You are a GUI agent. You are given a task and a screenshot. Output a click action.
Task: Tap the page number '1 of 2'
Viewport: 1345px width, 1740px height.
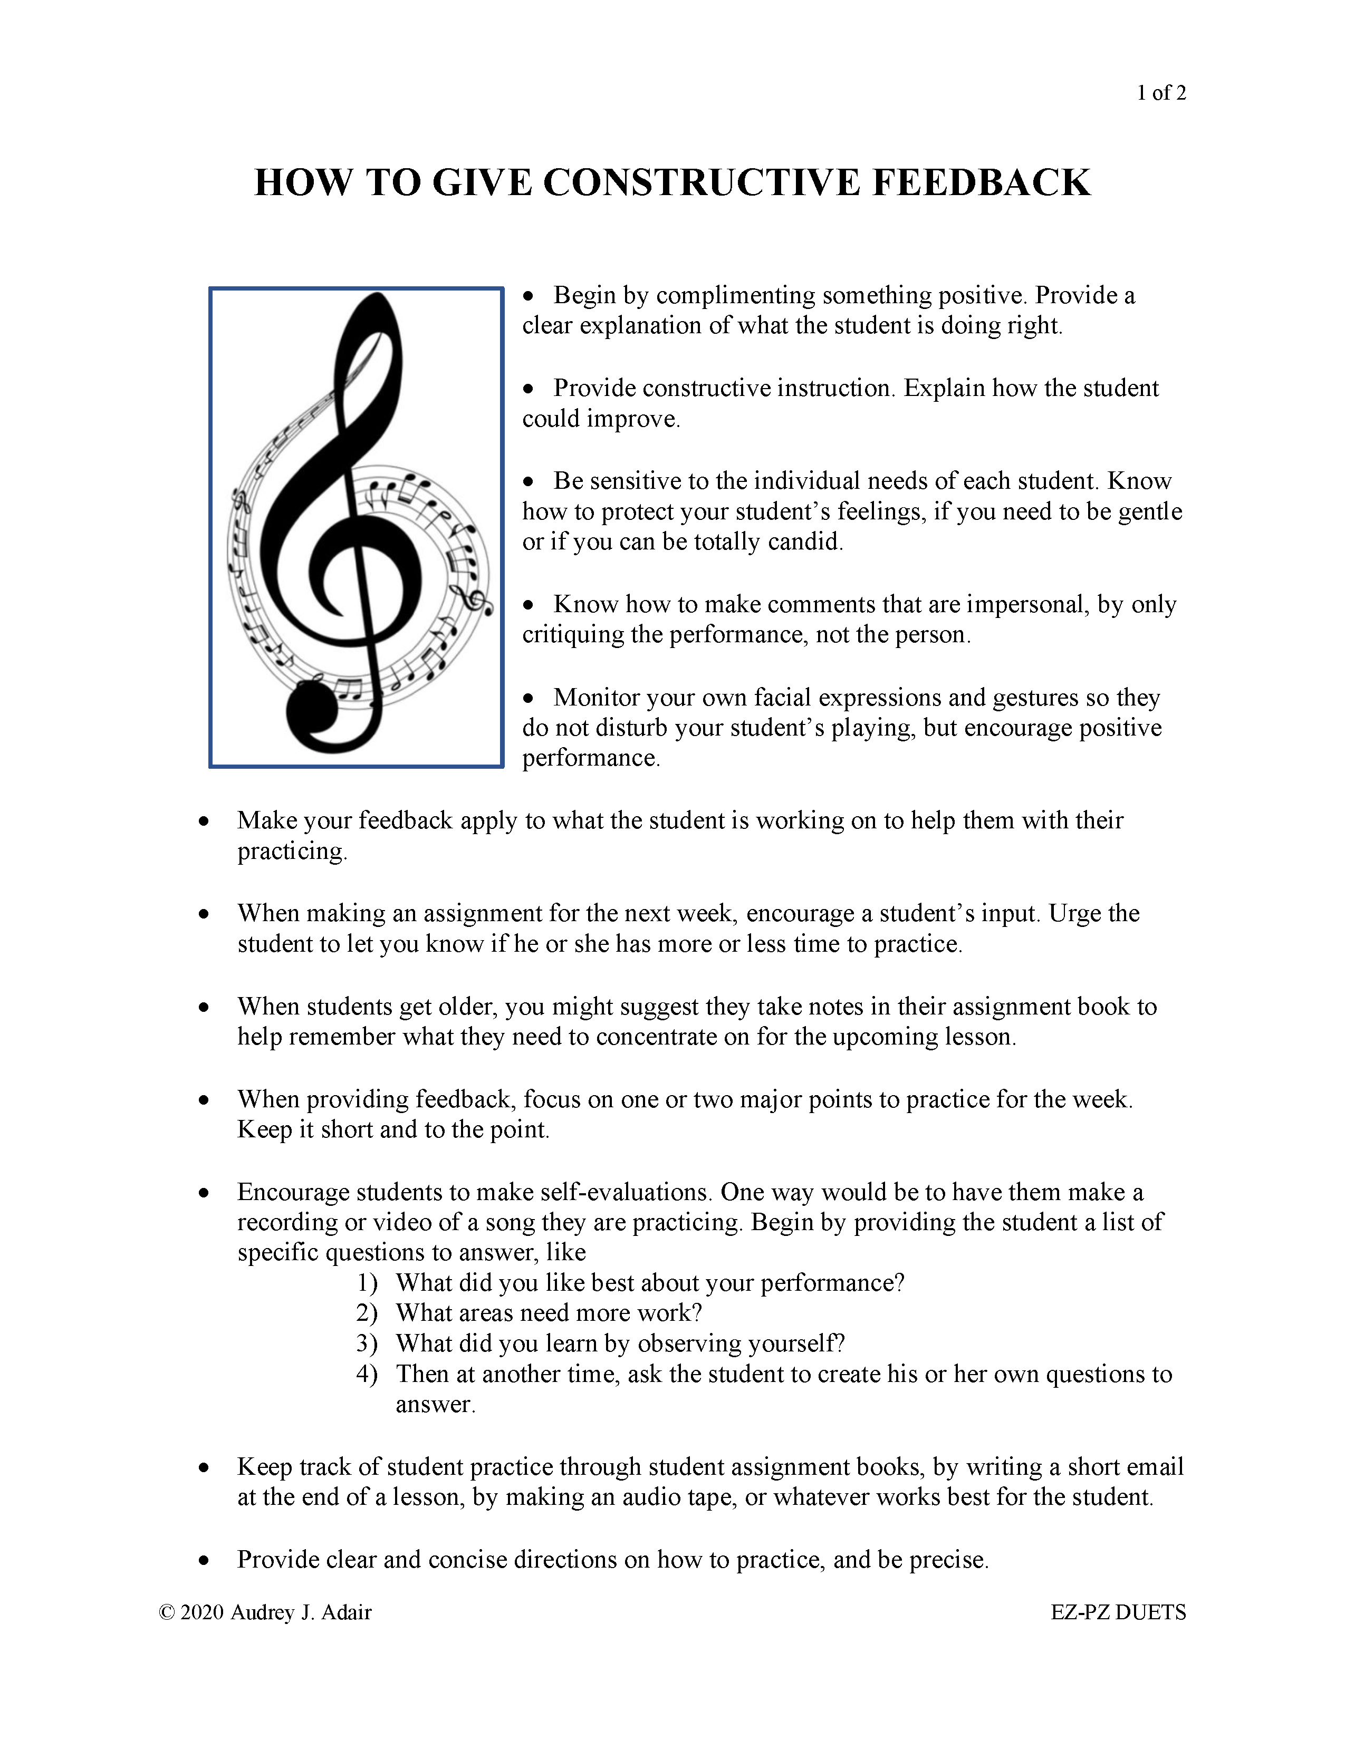click(x=1161, y=93)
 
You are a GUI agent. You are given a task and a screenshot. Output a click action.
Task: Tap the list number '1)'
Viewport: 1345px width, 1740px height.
click(x=367, y=1283)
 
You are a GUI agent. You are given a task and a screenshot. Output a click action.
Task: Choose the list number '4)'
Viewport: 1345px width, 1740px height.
click(x=367, y=1374)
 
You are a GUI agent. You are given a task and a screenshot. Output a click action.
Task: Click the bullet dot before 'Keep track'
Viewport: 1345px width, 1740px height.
click(x=205, y=1467)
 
